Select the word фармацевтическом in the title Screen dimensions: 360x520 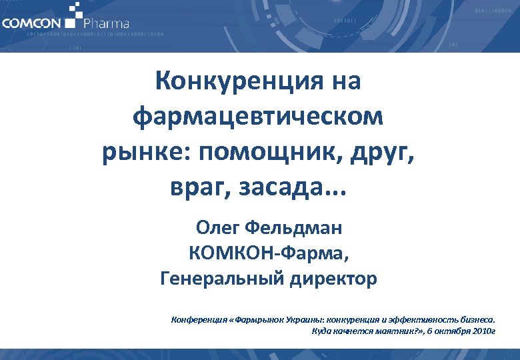tap(259, 117)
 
